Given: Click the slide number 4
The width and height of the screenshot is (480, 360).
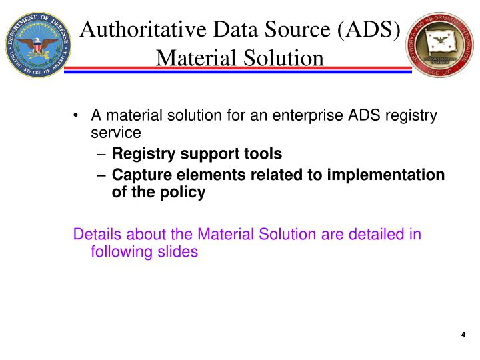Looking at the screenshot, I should [x=463, y=335].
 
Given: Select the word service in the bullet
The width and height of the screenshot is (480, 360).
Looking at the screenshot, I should [x=116, y=132].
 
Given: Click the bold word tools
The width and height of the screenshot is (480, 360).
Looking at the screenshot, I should [x=263, y=154].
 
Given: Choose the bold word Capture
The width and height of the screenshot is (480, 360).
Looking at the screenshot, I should [x=138, y=175].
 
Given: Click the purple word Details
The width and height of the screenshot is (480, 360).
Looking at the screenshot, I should [x=97, y=235].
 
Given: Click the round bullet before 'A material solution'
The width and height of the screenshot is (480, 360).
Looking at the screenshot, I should [x=78, y=116].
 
